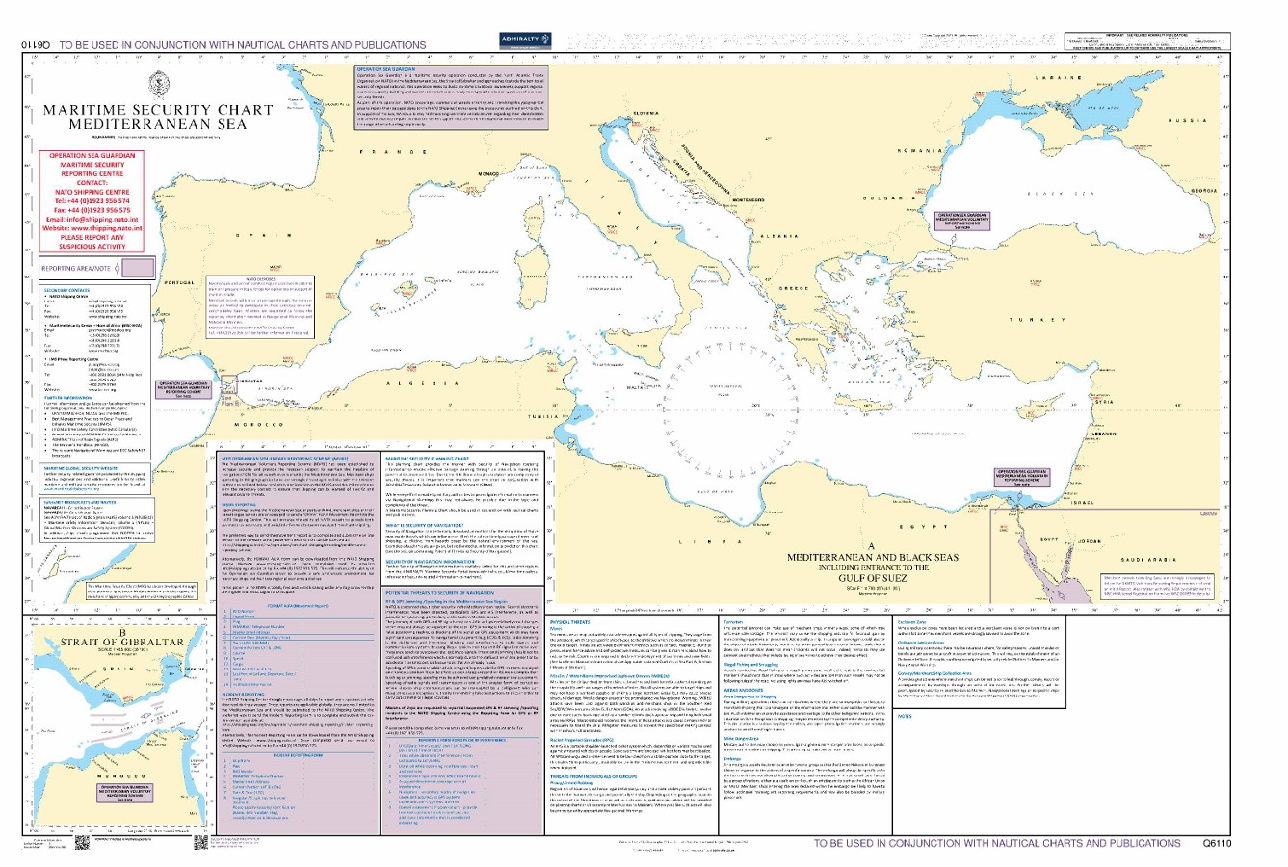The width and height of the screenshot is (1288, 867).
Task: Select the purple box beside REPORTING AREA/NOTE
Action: click(136, 268)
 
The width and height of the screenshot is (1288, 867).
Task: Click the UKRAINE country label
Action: click(1060, 76)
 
